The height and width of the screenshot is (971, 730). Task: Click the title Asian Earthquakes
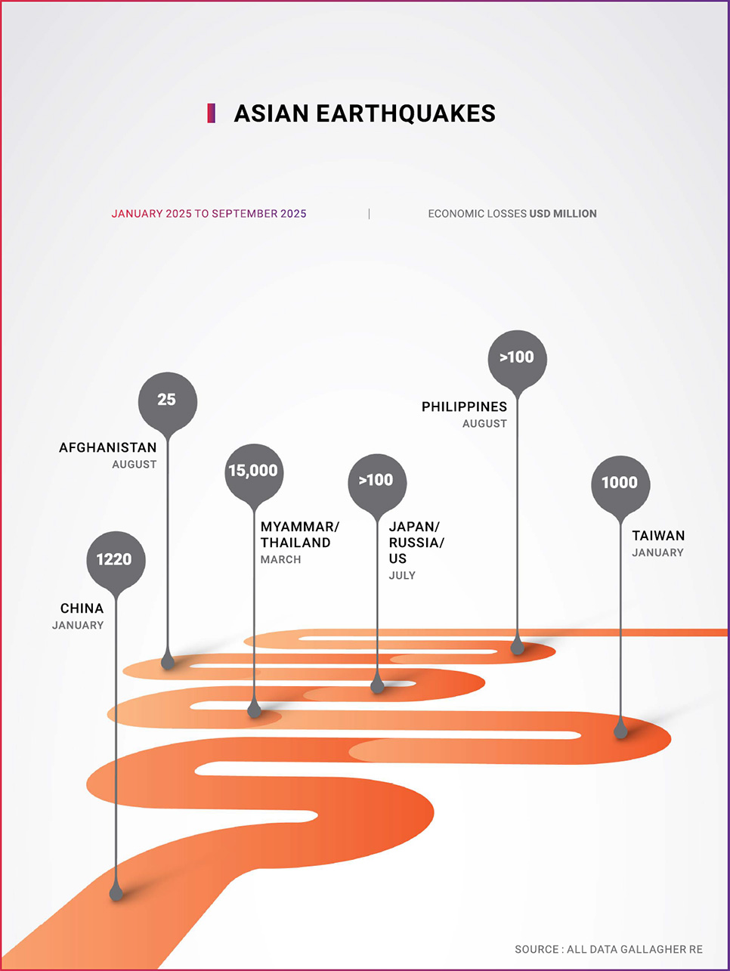(364, 113)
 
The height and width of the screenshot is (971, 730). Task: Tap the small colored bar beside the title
(212, 113)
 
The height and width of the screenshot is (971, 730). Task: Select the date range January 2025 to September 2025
(209, 214)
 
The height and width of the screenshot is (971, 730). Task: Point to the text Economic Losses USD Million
(512, 214)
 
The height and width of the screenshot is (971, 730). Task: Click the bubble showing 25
(167, 400)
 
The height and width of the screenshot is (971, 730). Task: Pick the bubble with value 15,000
(253, 472)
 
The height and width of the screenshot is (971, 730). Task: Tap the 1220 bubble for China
(115, 560)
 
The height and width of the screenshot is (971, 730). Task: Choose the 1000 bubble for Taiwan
(620, 483)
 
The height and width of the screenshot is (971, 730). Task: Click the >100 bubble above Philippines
(517, 357)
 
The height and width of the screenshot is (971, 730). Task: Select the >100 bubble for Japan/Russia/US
(376, 481)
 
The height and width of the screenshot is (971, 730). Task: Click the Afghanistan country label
(108, 448)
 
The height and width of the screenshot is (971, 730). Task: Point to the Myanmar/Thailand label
(299, 534)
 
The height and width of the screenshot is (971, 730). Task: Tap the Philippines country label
(464, 407)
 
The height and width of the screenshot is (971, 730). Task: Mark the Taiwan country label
(658, 536)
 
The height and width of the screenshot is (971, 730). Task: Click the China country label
(82, 608)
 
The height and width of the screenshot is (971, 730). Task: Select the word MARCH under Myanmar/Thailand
(280, 560)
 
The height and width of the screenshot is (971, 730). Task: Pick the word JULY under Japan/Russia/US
(402, 576)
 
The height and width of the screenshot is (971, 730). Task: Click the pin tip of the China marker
(116, 893)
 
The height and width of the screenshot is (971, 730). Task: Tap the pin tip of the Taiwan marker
(621, 731)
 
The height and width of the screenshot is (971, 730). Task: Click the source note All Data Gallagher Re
(608, 949)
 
